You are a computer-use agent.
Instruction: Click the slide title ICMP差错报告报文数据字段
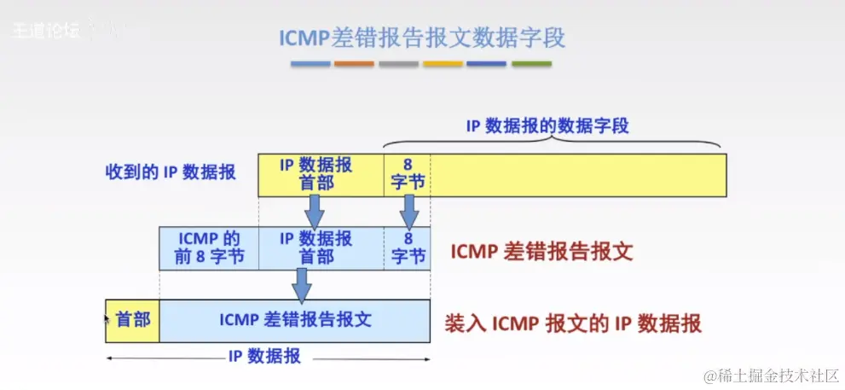pyautogui.click(x=422, y=38)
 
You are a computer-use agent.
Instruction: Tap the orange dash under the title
pyautogui.click(x=354, y=64)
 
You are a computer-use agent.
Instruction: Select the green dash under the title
pyautogui.click(x=531, y=64)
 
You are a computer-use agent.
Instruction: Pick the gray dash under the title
pyautogui.click(x=398, y=64)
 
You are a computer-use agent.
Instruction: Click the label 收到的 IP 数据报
pyautogui.click(x=171, y=172)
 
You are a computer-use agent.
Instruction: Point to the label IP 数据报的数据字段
pyautogui.click(x=547, y=125)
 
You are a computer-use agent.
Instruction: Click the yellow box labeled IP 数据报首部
pyautogui.click(x=315, y=173)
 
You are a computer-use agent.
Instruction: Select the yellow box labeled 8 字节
pyautogui.click(x=407, y=173)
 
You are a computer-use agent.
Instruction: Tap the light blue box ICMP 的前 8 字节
pyautogui.click(x=208, y=247)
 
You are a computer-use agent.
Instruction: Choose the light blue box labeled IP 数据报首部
pyautogui.click(x=315, y=247)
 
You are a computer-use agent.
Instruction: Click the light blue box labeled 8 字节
pyautogui.click(x=408, y=247)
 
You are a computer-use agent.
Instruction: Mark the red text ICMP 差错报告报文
pyautogui.click(x=541, y=253)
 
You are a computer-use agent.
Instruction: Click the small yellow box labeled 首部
pyautogui.click(x=133, y=320)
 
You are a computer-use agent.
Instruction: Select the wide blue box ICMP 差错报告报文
pyautogui.click(x=295, y=320)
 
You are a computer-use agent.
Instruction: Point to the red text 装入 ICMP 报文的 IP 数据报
pyautogui.click(x=573, y=324)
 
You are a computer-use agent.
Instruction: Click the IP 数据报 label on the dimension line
pyautogui.click(x=264, y=358)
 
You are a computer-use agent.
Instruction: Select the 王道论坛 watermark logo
pyautogui.click(x=47, y=31)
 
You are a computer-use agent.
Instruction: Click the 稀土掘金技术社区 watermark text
pyautogui.click(x=771, y=375)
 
